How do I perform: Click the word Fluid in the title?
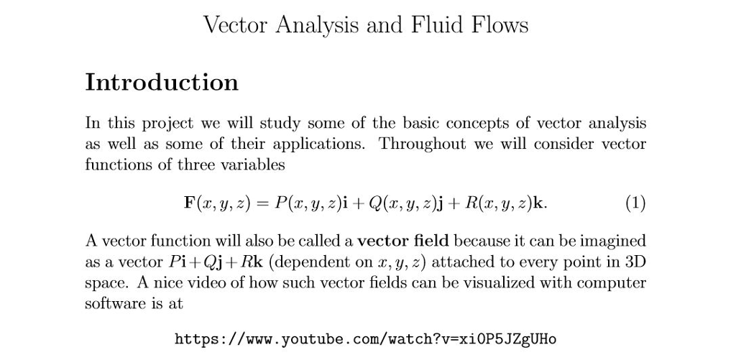coord(440,25)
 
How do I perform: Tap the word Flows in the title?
coord(500,25)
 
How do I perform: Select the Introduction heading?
coord(162,82)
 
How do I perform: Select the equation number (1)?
coord(634,203)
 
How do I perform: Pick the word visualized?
coord(481,282)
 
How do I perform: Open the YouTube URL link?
coord(366,338)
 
